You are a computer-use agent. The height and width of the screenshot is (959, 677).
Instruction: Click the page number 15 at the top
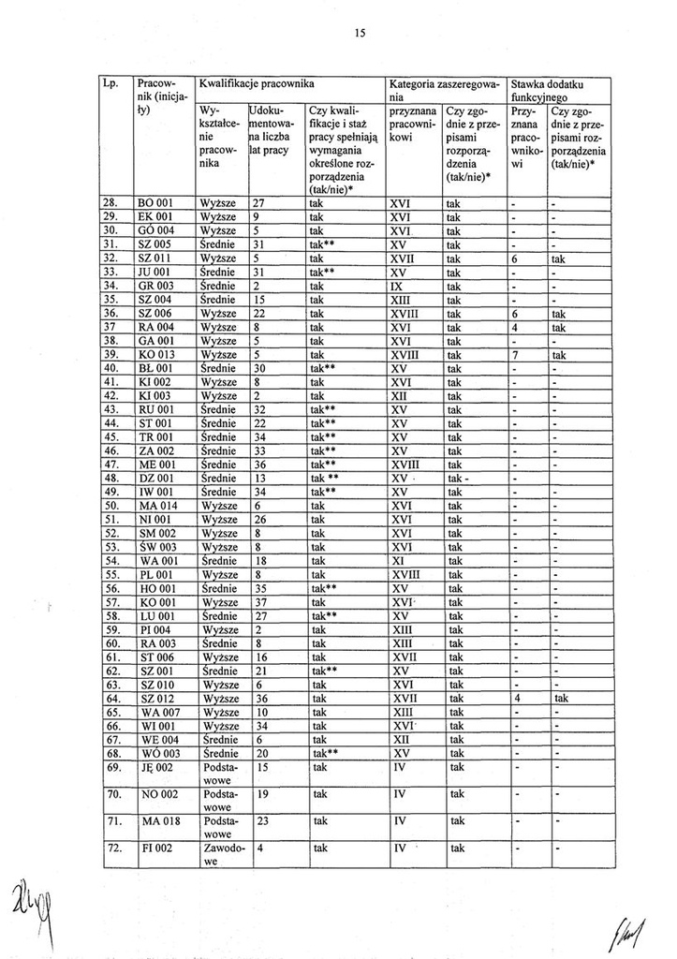(359, 34)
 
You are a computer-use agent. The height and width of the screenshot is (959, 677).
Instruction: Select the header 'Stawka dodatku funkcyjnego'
(559, 91)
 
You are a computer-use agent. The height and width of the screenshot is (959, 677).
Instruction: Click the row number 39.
(110, 355)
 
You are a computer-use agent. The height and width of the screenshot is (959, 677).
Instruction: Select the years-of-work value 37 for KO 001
(261, 602)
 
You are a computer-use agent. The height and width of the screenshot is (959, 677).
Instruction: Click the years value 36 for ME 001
(261, 464)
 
